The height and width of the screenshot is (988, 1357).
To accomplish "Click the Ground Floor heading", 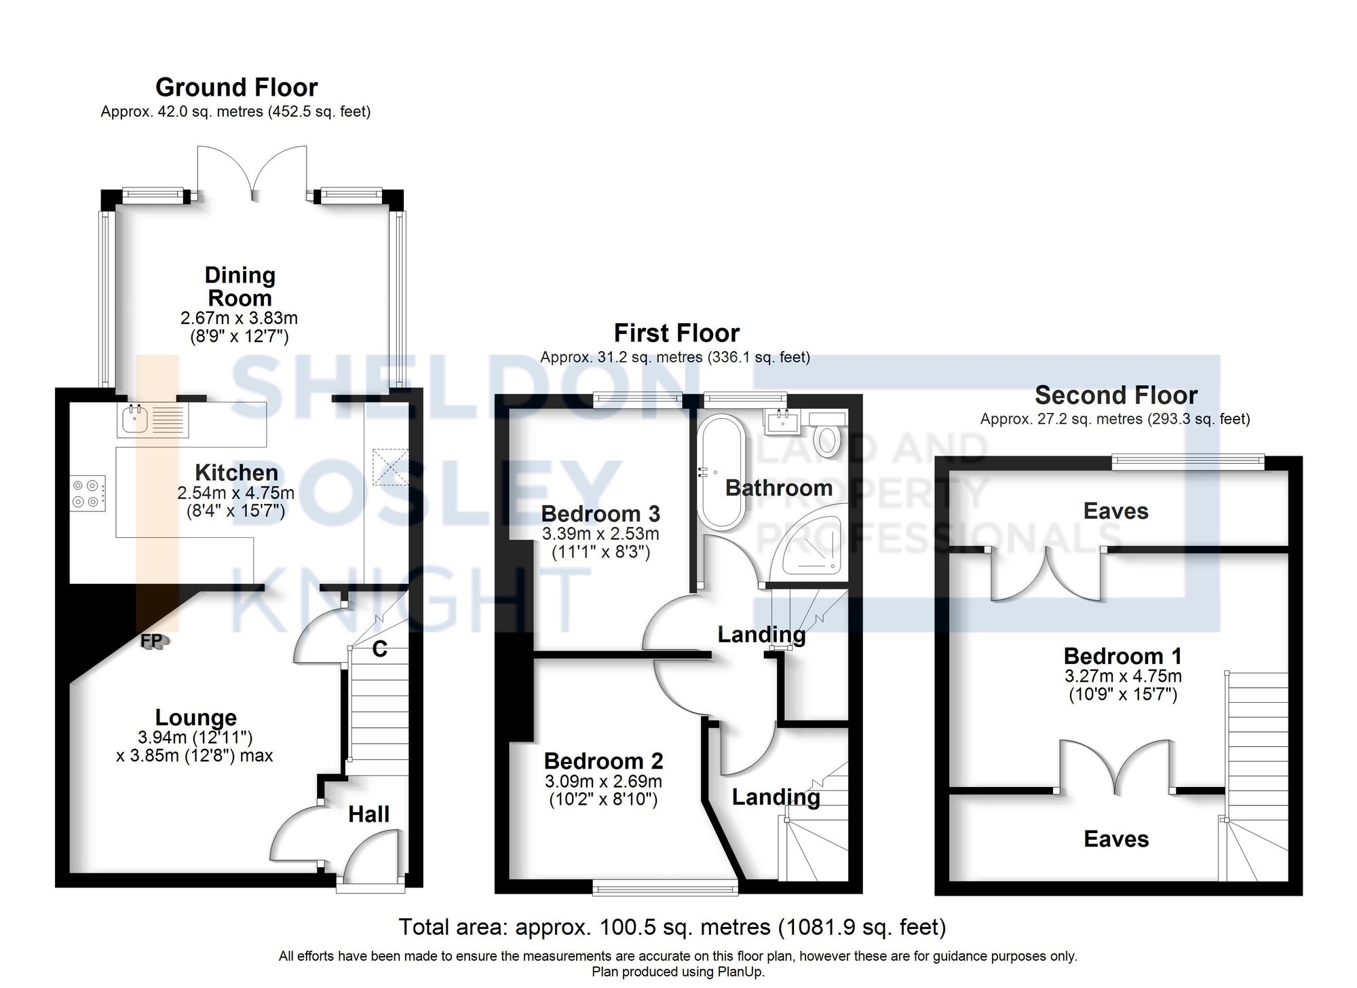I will pos(236,88).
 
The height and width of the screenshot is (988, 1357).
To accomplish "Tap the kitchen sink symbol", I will pos(135,418).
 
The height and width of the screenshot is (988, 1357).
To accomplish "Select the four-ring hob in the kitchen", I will pos(88,494).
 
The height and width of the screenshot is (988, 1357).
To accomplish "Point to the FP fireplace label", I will pos(151,640).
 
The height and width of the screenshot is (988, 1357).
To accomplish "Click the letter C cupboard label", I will pos(380,650).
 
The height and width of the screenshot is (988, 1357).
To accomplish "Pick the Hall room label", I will pos(368,814).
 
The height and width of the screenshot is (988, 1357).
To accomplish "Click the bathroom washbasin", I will pos(784,421).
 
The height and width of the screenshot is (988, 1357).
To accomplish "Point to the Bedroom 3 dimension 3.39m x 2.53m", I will pos(600,534).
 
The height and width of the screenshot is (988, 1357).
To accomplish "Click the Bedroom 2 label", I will pos(603,761).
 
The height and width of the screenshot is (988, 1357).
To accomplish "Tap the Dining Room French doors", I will pos(253,173).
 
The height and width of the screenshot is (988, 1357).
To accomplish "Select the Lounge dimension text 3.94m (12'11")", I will pos(195,737).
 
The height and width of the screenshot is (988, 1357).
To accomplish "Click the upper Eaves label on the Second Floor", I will pos(1115,511).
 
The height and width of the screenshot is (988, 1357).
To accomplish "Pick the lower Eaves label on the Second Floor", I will pos(1116,839).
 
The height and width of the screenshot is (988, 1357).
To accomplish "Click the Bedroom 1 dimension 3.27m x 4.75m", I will pos(1123,676).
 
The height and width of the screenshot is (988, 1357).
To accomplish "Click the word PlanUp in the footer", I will pos(742,972).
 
